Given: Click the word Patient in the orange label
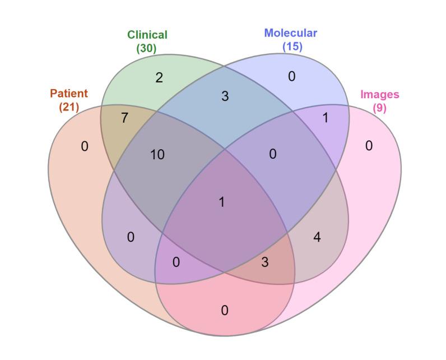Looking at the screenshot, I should click(69, 93).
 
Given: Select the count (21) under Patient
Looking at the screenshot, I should click(69, 106).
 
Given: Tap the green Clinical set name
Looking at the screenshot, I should click(147, 35).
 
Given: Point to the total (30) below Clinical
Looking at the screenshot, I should click(146, 48).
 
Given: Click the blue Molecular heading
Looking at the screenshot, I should click(290, 33).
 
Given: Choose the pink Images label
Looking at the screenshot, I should click(379, 94).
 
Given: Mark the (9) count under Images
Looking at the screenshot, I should click(379, 107).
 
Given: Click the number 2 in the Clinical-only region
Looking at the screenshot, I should click(159, 78).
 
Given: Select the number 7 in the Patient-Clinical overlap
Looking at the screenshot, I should click(124, 118).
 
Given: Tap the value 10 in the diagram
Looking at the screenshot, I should click(157, 155).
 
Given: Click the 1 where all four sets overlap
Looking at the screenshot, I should click(222, 202).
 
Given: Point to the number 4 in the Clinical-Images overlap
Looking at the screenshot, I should click(317, 237).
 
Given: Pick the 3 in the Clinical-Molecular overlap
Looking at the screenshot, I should click(225, 96).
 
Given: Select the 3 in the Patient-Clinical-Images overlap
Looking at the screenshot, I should click(265, 262).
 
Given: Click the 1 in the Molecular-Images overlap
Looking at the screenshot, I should click(326, 118).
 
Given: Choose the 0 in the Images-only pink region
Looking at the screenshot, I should click(369, 146).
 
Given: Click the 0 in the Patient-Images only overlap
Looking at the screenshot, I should click(225, 310).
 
